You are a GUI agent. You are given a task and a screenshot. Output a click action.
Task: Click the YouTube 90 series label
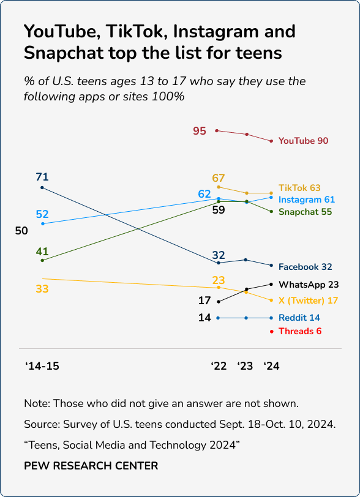click(x=303, y=141)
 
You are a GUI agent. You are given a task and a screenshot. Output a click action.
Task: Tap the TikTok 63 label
click(x=299, y=188)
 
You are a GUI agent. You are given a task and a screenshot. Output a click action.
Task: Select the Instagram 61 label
click(x=306, y=200)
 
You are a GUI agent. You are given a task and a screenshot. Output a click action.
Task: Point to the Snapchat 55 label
click(x=305, y=212)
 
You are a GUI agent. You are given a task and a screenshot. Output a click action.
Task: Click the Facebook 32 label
click(x=305, y=267)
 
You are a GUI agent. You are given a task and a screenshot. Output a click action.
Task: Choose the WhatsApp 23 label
click(x=309, y=285)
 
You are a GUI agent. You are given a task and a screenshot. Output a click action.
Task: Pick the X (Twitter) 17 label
click(x=308, y=301)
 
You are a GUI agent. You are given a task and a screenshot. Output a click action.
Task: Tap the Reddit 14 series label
click(x=299, y=318)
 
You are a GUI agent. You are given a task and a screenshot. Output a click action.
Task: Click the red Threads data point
click(x=271, y=331)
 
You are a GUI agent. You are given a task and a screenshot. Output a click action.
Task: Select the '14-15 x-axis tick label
click(x=42, y=366)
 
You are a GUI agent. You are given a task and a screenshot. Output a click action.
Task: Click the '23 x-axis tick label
click(x=245, y=366)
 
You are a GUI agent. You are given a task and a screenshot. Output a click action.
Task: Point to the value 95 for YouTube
click(x=200, y=131)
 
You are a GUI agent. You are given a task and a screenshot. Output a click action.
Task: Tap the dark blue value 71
click(x=42, y=177)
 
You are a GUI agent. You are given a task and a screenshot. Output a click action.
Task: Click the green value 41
click(x=42, y=251)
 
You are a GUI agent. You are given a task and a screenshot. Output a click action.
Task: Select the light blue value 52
click(x=42, y=214)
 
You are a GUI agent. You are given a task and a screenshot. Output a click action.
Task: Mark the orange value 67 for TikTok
click(x=219, y=177)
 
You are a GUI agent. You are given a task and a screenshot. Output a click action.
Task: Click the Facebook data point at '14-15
click(x=42, y=187)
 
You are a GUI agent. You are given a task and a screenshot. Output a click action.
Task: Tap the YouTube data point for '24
click(x=271, y=141)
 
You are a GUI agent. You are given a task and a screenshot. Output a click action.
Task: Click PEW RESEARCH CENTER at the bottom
click(x=91, y=466)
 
